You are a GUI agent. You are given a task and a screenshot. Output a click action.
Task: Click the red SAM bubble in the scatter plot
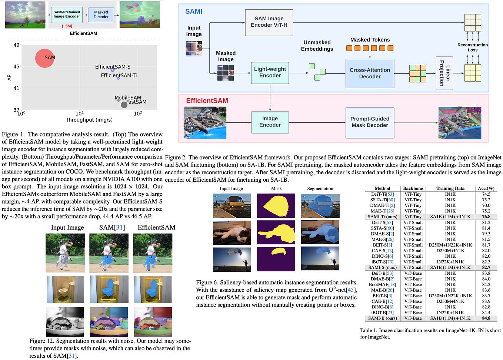tap(45, 58)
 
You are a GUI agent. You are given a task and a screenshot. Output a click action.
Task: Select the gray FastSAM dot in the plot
tap(124, 105)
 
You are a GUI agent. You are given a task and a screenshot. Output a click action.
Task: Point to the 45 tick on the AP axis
tap(16, 67)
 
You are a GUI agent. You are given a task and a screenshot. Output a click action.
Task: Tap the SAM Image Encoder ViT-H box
tap(269, 22)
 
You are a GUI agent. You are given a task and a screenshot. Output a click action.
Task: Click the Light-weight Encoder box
tap(270, 72)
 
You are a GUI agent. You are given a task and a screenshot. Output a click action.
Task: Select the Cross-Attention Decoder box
tap(369, 73)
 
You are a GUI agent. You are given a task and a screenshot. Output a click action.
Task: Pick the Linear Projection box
tap(444, 73)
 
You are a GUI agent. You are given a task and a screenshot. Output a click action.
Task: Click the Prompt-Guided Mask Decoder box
tap(369, 122)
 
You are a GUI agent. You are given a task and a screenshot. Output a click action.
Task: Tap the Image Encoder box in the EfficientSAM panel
tap(270, 122)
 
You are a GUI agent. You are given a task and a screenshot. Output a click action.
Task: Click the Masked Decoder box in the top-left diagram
tap(101, 14)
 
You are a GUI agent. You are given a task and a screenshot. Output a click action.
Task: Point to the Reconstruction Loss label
tap(472, 47)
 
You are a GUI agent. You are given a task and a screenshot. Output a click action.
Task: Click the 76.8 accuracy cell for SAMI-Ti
tap(486, 217)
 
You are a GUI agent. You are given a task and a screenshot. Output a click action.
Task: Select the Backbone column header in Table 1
tap(413, 188)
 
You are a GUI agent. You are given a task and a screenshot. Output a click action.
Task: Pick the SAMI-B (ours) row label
tap(382, 318)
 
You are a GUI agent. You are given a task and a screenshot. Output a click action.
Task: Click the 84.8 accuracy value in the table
tap(486, 318)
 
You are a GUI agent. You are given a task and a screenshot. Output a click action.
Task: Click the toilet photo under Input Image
tap(65, 289)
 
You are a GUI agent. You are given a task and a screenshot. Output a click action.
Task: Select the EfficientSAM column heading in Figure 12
tap(156, 228)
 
